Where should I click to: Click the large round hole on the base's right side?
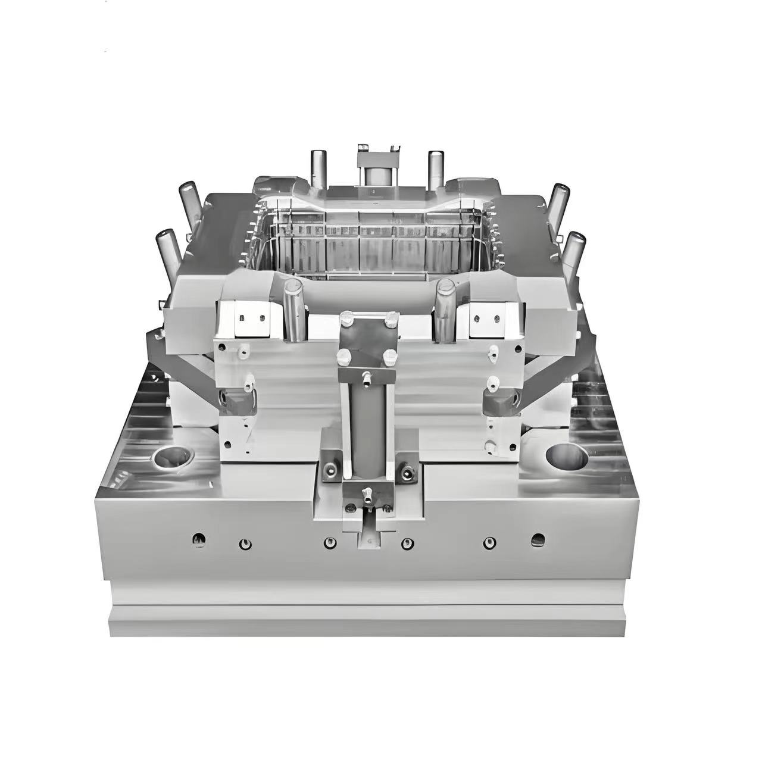566,455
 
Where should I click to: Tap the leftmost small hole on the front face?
199,539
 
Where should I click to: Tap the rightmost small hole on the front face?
538,540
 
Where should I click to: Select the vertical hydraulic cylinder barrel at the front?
367,428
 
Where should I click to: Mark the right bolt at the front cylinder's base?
408,474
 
